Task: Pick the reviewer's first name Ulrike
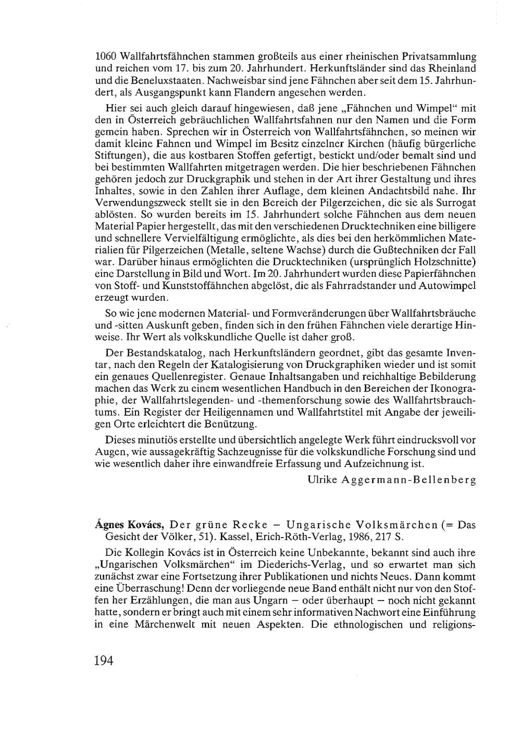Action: pyautogui.click(x=321, y=480)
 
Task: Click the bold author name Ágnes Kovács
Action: pyautogui.click(x=129, y=525)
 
